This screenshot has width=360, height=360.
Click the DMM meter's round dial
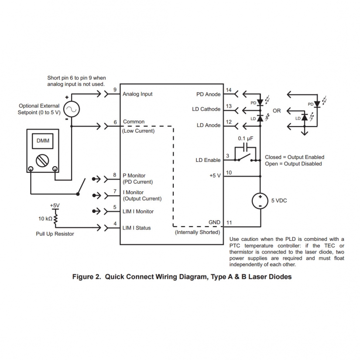(43, 160)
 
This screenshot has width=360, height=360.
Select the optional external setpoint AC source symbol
(71, 109)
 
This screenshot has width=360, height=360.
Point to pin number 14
(228, 90)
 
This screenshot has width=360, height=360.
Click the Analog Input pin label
(137, 94)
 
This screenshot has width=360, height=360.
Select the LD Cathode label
(206, 109)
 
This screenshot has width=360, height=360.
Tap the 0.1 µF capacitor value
(245, 138)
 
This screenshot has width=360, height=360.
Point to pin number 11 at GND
(229, 223)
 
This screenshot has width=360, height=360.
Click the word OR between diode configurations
(277, 111)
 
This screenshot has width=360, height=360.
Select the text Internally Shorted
(198, 232)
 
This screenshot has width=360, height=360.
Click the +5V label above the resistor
(55, 205)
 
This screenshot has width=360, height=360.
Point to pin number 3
(227, 156)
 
